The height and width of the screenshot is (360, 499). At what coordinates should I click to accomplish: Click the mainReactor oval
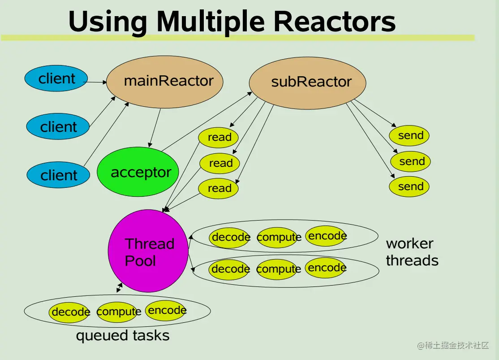coord(165,82)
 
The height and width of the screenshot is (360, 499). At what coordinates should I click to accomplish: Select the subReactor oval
coord(307,82)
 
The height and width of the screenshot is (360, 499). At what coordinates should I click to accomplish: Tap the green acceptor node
coord(138,172)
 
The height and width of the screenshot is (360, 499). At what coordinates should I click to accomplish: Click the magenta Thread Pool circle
coord(148,251)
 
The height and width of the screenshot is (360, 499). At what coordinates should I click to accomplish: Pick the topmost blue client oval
coord(56,78)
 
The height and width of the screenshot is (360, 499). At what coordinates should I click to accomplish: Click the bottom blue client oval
coord(58,175)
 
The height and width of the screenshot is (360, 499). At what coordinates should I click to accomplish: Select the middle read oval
coord(219,163)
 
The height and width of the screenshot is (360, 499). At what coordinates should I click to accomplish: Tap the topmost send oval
coord(409,135)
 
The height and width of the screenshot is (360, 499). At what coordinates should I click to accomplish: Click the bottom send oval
coord(409,187)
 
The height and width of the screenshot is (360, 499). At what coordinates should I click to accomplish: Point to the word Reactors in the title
coord(334,22)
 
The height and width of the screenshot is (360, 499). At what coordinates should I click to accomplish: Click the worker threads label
coord(412,252)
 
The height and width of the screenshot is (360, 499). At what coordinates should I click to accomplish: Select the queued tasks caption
coord(123,335)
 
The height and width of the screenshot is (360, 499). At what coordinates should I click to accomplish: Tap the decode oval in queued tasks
coord(70,312)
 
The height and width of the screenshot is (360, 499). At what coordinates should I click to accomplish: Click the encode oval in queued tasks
coord(166,310)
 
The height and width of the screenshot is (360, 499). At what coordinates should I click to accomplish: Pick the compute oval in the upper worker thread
coord(278,237)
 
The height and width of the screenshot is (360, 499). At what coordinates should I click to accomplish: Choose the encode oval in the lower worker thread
coord(326,268)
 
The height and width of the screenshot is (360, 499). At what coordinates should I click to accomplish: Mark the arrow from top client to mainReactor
coord(96,82)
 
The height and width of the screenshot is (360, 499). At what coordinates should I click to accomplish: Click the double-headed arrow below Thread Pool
coord(119,288)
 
